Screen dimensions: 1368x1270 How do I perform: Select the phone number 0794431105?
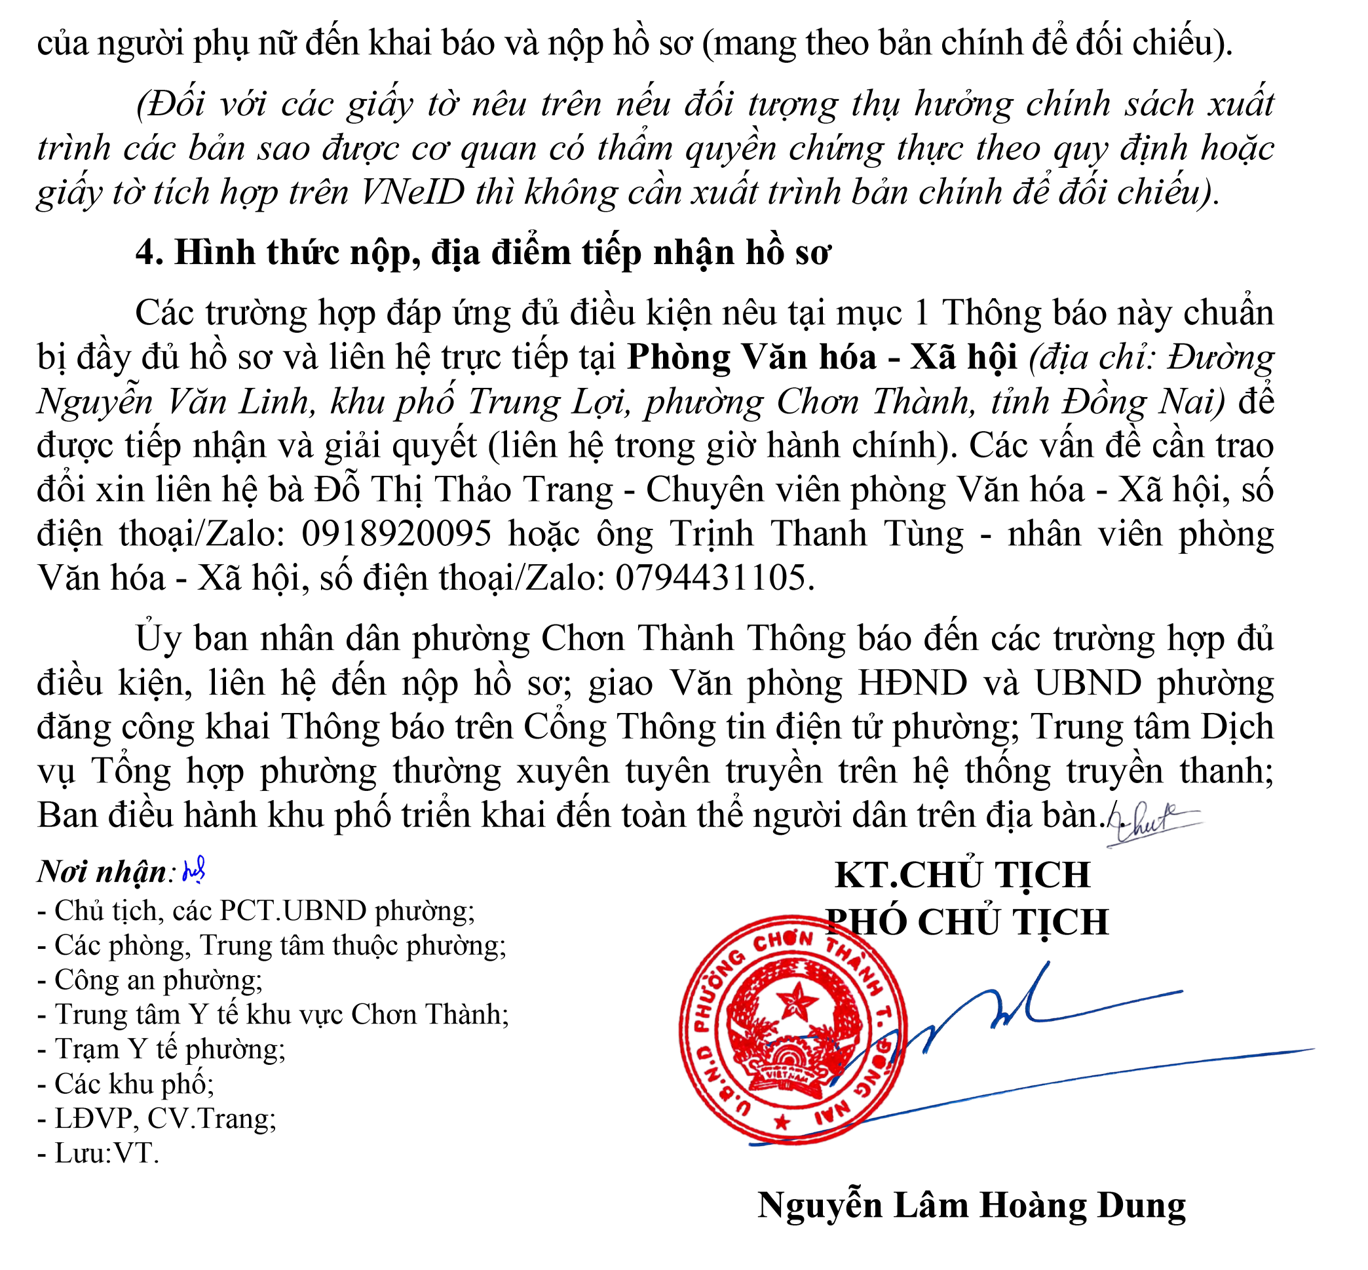710,578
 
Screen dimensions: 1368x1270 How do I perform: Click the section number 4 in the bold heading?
145,252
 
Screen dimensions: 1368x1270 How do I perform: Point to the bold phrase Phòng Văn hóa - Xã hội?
822,357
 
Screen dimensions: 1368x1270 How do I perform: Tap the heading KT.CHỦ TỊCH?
962,875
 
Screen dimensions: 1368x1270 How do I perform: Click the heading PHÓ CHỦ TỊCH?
966,921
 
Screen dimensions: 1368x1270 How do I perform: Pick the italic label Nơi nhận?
101,872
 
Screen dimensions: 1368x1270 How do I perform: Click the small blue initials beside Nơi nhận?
194,871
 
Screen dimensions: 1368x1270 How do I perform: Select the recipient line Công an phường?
150,980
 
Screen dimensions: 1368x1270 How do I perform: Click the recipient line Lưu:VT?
98,1153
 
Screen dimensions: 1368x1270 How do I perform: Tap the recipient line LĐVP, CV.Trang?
157,1119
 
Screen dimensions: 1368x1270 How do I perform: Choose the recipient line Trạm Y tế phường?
161,1049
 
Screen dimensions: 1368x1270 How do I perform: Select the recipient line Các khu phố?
126,1084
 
